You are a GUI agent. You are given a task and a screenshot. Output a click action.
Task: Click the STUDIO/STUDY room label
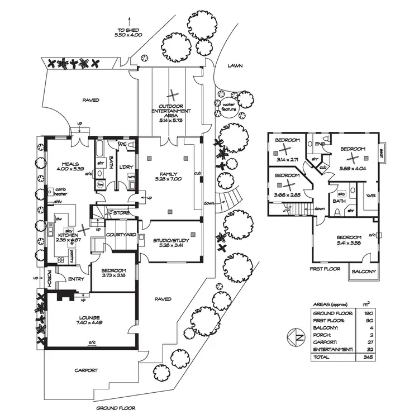click(x=172, y=241)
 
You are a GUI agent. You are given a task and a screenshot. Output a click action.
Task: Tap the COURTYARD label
click(x=121, y=235)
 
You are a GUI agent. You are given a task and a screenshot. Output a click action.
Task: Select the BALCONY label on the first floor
click(x=364, y=272)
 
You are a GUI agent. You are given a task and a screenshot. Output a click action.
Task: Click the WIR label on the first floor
click(x=369, y=196)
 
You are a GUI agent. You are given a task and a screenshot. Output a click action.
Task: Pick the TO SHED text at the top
click(x=128, y=31)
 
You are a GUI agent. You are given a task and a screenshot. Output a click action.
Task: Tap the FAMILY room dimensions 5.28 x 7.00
click(x=168, y=179)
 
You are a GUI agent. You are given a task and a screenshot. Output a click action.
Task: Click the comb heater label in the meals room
click(x=61, y=192)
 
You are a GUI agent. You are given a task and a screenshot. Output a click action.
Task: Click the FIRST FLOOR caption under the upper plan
click(x=325, y=269)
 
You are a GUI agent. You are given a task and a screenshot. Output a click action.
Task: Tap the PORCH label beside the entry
click(x=49, y=278)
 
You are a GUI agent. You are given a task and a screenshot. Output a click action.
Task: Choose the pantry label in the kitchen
click(x=73, y=255)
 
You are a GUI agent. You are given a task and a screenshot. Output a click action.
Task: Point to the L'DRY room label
click(x=126, y=167)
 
